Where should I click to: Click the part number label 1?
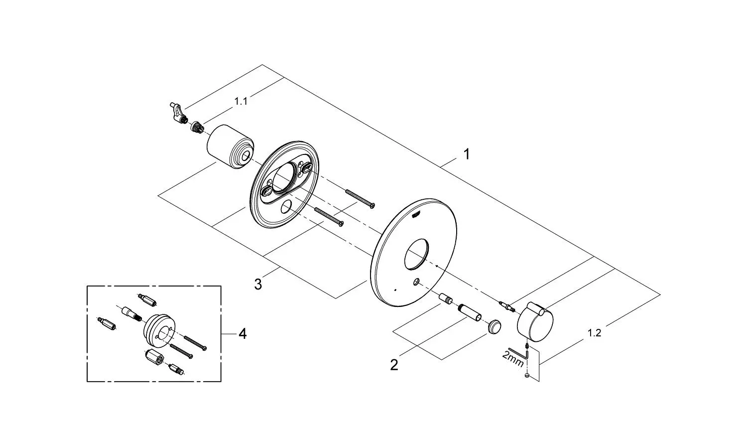[x=467, y=154]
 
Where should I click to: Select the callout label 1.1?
[x=241, y=102]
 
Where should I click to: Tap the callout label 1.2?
[x=594, y=333]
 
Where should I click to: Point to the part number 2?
[x=394, y=365]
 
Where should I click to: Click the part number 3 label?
[x=257, y=285]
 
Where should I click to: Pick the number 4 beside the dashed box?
[x=242, y=333]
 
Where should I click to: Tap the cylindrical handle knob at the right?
[x=532, y=318]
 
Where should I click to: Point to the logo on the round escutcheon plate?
[x=416, y=213]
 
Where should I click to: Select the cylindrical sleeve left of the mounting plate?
[x=229, y=147]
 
